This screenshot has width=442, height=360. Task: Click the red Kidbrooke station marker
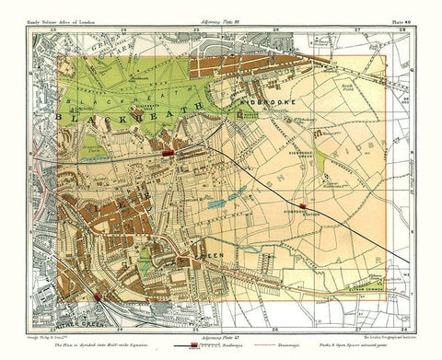(301, 203)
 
